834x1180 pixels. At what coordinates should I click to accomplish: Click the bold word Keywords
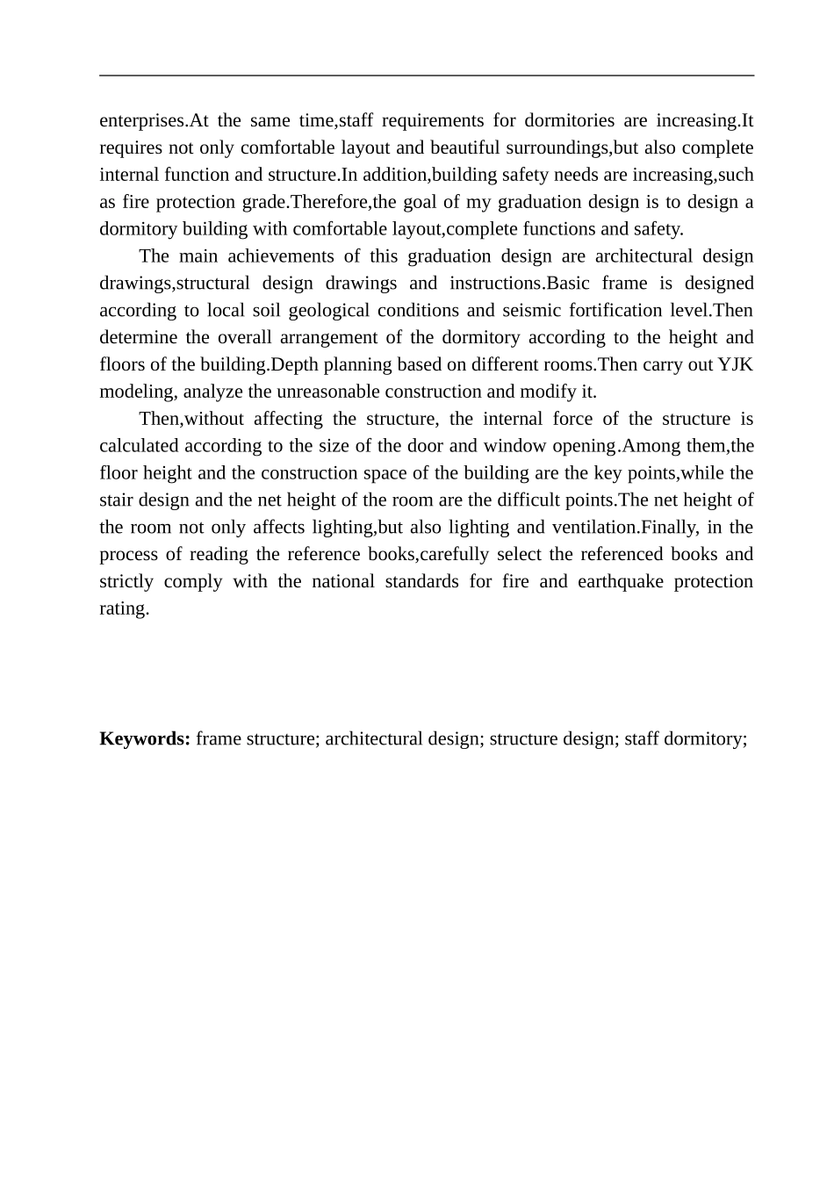tap(145, 738)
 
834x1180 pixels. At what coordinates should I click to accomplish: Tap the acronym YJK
tap(735, 364)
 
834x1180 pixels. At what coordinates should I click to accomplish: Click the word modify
tap(556, 392)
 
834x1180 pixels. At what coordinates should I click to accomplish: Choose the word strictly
tap(126, 582)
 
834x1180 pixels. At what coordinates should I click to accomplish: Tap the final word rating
tap(124, 609)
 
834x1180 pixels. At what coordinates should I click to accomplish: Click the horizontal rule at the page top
tap(427, 76)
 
